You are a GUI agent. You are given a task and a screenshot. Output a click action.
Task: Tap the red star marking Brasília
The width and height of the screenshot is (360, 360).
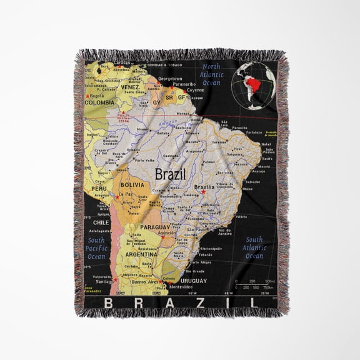(x=203, y=192)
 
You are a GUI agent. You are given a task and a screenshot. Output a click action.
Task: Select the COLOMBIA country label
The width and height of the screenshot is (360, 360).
(x=101, y=102)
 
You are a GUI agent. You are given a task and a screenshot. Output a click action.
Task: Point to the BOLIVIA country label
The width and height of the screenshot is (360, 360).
(x=132, y=185)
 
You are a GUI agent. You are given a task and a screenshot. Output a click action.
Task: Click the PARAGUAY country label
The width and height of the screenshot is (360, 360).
(x=155, y=227)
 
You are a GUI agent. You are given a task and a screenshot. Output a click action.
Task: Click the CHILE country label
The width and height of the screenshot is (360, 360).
(x=101, y=222)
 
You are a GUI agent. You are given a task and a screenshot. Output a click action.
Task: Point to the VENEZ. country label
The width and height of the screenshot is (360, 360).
(x=130, y=87)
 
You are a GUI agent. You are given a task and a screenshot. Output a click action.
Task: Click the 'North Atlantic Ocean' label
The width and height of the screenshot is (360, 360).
(x=211, y=74)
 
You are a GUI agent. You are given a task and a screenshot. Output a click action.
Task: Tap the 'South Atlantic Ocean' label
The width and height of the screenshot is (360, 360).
(x=254, y=247)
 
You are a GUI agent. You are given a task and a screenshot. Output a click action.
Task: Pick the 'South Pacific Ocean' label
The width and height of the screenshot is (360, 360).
(x=96, y=248)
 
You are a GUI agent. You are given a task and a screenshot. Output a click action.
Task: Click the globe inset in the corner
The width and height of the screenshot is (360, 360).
(x=252, y=84)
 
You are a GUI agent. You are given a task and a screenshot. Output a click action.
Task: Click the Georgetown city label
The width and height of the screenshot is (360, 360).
(x=169, y=79)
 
